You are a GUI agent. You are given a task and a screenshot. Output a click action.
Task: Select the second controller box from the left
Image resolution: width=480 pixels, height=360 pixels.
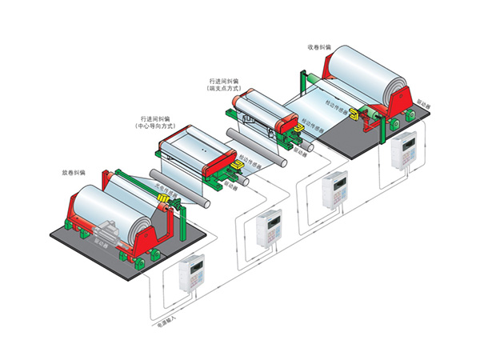point(266,230)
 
